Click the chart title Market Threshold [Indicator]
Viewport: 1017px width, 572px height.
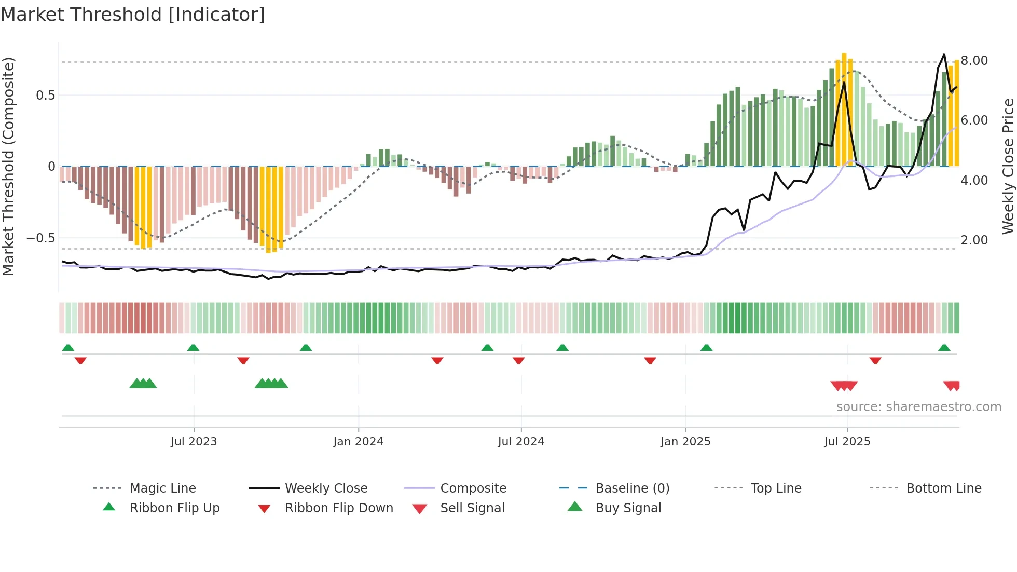tap(133, 15)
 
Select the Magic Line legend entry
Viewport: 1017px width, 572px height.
tap(162, 488)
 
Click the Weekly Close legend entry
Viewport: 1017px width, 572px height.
tap(326, 488)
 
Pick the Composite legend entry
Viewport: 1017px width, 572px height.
tap(473, 488)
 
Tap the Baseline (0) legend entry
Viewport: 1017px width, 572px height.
tap(632, 488)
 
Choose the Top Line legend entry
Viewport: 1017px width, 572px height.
tap(776, 488)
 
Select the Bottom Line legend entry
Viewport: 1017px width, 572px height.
tap(943, 488)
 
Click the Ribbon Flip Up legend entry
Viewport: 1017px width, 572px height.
tap(174, 508)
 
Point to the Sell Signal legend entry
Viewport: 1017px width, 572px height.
tap(472, 508)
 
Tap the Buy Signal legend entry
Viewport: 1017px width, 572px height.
tap(628, 508)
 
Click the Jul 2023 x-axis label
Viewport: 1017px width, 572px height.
tap(194, 442)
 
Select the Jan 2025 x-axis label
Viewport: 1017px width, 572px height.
tap(685, 442)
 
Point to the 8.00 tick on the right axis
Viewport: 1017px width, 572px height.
tap(974, 61)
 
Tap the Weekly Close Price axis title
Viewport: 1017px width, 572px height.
tap(1008, 166)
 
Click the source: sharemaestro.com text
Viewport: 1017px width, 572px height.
tap(918, 407)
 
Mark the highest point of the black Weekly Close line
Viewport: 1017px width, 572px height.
tap(944, 55)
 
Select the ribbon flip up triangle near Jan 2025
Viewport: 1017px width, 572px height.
tap(706, 348)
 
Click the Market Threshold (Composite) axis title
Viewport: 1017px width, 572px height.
tap(8, 166)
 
